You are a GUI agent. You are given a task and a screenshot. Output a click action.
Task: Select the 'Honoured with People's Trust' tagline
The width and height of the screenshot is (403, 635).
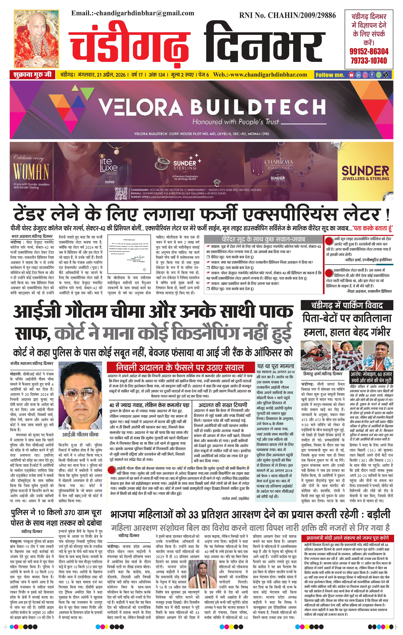coord(235,122)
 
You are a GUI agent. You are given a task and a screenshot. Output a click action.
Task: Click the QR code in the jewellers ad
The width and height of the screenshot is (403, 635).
coord(121,193)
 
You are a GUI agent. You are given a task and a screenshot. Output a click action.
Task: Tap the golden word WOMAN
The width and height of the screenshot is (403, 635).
coord(31,171)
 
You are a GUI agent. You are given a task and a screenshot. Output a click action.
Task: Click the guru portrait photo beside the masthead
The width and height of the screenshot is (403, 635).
coord(36,39)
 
